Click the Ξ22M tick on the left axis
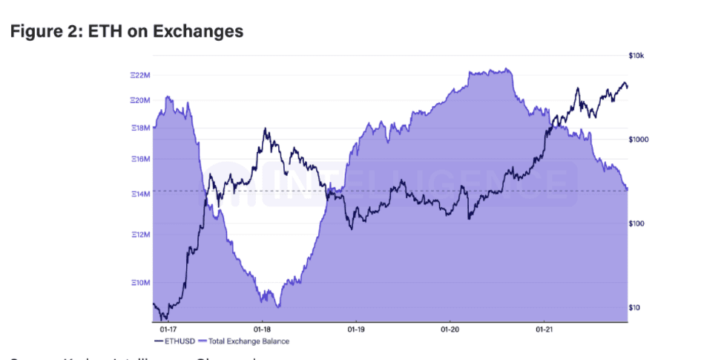click(141, 76)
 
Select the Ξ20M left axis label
click(141, 99)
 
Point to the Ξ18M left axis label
click(141, 128)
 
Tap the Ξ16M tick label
click(141, 159)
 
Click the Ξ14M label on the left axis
click(141, 194)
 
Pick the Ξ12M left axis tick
click(141, 235)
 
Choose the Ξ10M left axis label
click(141, 283)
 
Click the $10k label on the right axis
click(637, 56)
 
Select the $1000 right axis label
click(639, 140)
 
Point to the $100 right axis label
click(637, 223)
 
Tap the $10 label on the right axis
click(636, 307)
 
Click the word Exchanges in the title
click(203, 32)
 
